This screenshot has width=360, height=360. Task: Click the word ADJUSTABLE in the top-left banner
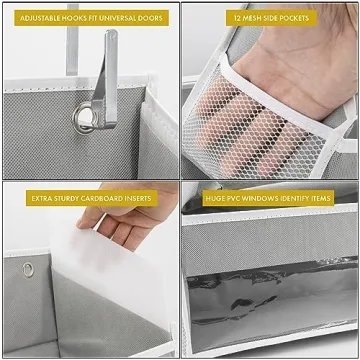click(37, 18)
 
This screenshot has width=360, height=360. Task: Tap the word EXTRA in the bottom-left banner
click(42, 198)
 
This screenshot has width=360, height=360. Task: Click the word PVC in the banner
click(239, 198)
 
